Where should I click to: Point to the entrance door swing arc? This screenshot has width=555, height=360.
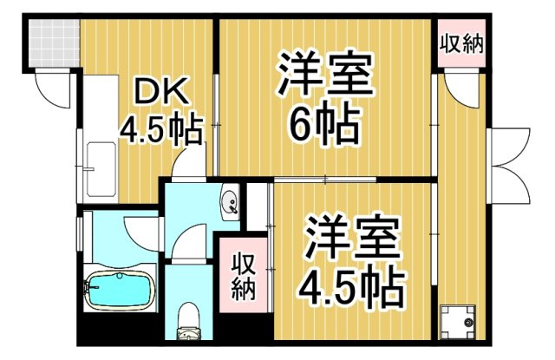pyautogui.click(x=52, y=88)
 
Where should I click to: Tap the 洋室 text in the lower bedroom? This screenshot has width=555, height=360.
pyautogui.click(x=351, y=234)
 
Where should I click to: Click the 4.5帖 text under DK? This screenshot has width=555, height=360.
pyautogui.click(x=160, y=132)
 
